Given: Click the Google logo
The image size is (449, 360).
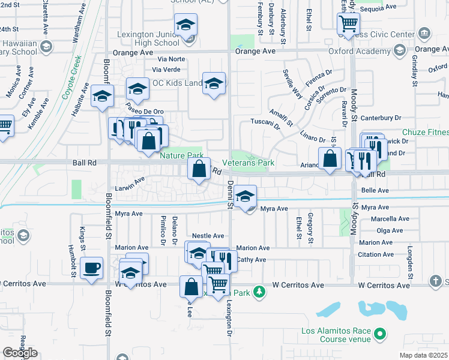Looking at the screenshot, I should [20, 353].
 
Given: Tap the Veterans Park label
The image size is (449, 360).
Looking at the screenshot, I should [248, 163].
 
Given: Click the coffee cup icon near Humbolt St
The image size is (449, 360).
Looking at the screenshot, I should [91, 268].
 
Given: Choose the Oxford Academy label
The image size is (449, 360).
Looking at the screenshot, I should [351, 51].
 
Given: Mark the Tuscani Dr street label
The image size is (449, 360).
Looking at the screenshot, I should [265, 127].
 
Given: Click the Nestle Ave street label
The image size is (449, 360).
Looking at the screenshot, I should [208, 236].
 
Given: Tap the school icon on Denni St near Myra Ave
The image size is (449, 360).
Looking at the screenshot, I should [245, 197].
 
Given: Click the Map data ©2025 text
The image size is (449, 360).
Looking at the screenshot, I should [424, 355].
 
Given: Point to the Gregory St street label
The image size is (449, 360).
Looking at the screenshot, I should [310, 223].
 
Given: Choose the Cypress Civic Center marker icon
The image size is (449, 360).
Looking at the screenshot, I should [425, 32].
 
